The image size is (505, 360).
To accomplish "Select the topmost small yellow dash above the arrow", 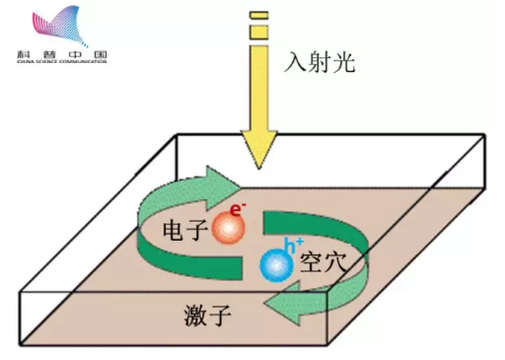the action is point(259,15).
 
